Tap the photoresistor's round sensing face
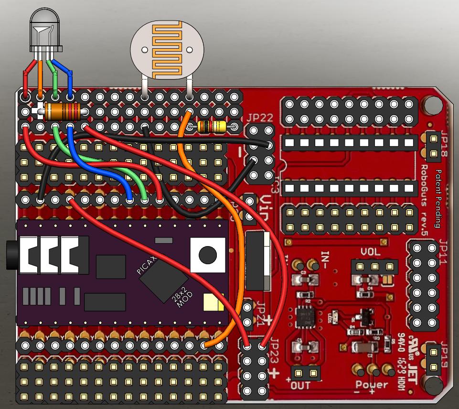click(167, 49)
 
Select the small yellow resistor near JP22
click(212, 127)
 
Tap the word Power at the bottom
click(372, 385)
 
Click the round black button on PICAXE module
click(208, 254)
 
